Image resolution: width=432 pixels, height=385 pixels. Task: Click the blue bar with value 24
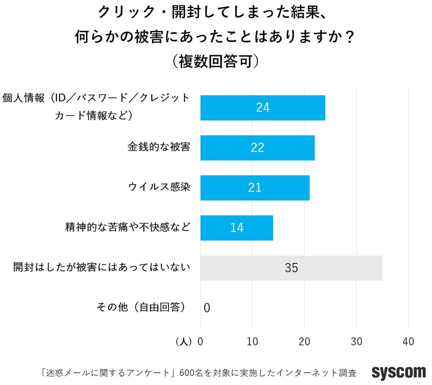tap(263, 108)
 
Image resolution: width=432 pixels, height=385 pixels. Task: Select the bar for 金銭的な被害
tap(257, 148)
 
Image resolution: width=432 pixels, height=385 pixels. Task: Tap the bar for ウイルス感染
tap(255, 187)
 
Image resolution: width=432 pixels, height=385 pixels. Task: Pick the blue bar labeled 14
tap(237, 227)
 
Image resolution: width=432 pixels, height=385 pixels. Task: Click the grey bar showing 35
tap(291, 268)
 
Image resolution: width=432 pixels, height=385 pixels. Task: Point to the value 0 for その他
tap(207, 308)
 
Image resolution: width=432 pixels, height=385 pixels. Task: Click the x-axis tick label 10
tap(252, 341)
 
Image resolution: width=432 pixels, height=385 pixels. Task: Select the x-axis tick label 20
tap(304, 341)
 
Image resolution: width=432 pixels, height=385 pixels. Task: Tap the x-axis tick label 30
tap(356, 341)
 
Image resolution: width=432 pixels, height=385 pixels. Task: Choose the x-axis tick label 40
tap(408, 341)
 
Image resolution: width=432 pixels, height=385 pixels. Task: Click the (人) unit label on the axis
tap(184, 341)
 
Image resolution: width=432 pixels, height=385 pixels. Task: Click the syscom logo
tap(399, 372)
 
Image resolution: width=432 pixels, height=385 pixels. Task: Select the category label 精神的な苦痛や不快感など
tap(127, 227)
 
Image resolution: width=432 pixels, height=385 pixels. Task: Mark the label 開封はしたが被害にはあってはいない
tap(102, 267)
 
